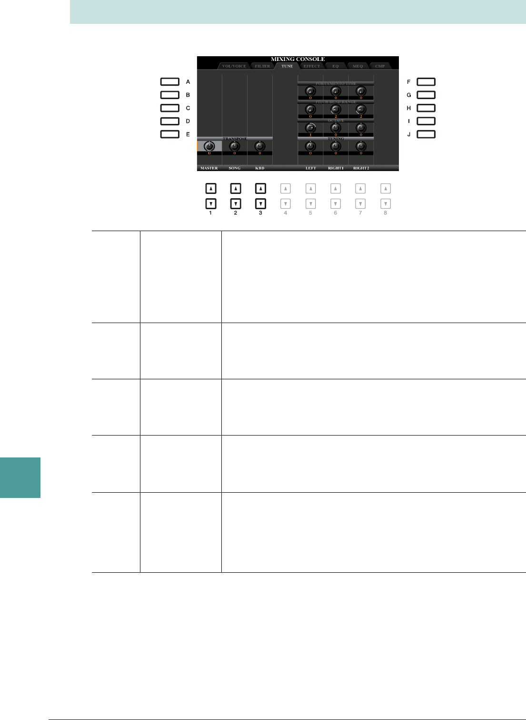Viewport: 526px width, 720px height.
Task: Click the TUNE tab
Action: pyautogui.click(x=287, y=66)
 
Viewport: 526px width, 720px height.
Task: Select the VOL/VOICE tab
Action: pyautogui.click(x=234, y=66)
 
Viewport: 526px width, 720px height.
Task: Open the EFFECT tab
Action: pyautogui.click(x=312, y=66)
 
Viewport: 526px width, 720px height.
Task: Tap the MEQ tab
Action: pyautogui.click(x=357, y=66)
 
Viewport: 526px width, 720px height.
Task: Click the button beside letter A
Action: pyautogui.click(x=169, y=82)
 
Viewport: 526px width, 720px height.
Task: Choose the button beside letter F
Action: pyautogui.click(x=426, y=82)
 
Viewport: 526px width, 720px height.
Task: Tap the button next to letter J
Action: pyautogui.click(x=426, y=134)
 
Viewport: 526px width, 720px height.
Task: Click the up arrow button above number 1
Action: pyautogui.click(x=210, y=189)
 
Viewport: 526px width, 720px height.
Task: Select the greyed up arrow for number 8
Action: pyautogui.click(x=386, y=189)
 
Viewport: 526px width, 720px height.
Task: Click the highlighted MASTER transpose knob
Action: pyautogui.click(x=209, y=146)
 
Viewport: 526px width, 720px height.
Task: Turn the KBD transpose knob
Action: pyautogui.click(x=259, y=146)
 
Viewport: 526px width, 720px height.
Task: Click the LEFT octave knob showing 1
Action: pyautogui.click(x=310, y=128)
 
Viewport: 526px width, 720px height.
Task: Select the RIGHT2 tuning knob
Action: pyautogui.click(x=361, y=146)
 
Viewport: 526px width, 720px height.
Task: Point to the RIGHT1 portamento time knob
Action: pyautogui.click(x=336, y=91)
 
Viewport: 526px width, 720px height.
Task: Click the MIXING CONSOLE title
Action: pyautogui.click(x=298, y=60)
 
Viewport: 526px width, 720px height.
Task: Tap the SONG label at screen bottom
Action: pyautogui.click(x=234, y=168)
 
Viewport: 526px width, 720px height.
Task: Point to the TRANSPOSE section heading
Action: pyautogui.click(x=235, y=139)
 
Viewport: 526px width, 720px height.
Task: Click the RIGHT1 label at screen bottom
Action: pyautogui.click(x=336, y=168)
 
